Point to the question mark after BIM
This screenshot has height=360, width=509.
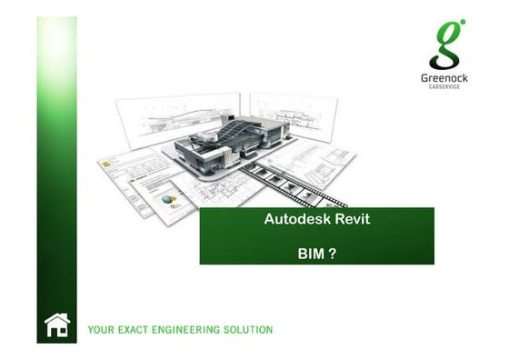(333, 254)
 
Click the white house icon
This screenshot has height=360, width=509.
(57, 325)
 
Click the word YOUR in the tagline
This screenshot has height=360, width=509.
(101, 329)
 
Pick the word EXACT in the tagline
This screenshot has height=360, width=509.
(135, 329)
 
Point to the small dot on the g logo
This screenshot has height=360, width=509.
(461, 22)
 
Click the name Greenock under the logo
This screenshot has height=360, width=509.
(446, 79)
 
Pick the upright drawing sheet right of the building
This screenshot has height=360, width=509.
(294, 114)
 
